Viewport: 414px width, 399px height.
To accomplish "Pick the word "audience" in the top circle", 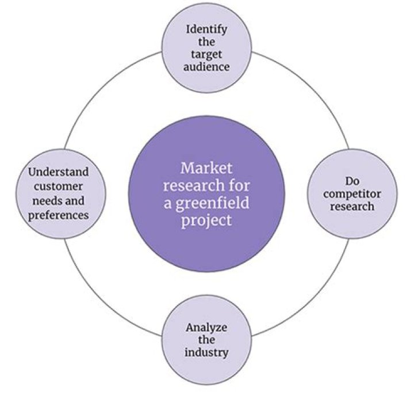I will click(x=207, y=66).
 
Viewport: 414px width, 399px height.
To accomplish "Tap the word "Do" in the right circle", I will click(x=351, y=179).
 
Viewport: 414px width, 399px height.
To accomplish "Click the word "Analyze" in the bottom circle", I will click(x=206, y=328).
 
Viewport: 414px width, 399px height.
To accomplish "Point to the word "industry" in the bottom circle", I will click(x=206, y=353).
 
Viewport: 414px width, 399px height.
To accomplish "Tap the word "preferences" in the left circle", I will click(x=60, y=215).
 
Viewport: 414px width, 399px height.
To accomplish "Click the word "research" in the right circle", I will click(x=351, y=206).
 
